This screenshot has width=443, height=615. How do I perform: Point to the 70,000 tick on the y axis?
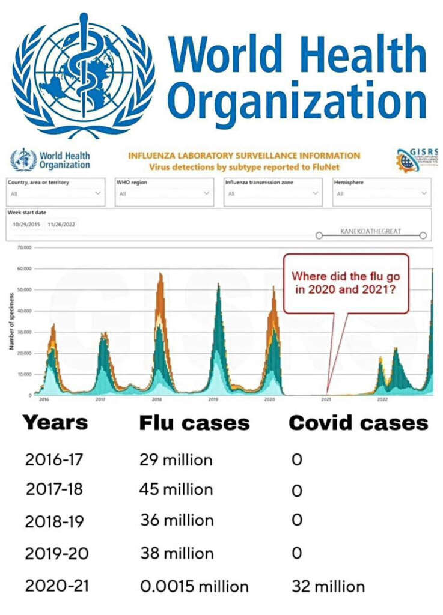(x=23, y=247)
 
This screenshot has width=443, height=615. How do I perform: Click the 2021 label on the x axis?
(x=326, y=399)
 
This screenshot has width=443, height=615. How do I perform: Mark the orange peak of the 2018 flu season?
(x=160, y=276)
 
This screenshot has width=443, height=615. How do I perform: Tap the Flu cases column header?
(x=194, y=423)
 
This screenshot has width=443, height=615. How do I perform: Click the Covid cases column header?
(x=358, y=423)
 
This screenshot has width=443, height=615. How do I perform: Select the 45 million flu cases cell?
(x=177, y=490)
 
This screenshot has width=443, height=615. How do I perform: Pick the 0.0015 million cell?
(x=194, y=586)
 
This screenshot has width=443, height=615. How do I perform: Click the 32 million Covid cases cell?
(x=328, y=586)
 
